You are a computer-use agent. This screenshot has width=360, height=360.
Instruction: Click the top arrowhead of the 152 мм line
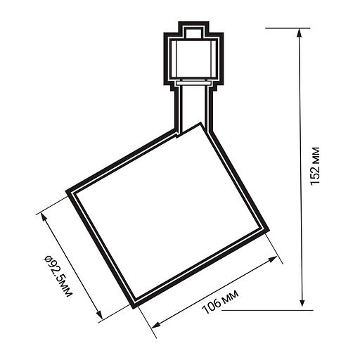pos(303,32)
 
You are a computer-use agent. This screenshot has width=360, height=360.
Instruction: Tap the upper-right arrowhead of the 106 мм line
pos(274,259)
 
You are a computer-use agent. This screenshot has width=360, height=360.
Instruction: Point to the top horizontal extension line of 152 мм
pos(288,28)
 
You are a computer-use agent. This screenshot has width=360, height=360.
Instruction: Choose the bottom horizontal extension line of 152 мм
pos(288,308)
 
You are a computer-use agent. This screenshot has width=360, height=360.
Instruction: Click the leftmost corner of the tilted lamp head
pos(69,191)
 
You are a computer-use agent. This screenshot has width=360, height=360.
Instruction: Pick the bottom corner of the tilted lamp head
pos(133,305)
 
